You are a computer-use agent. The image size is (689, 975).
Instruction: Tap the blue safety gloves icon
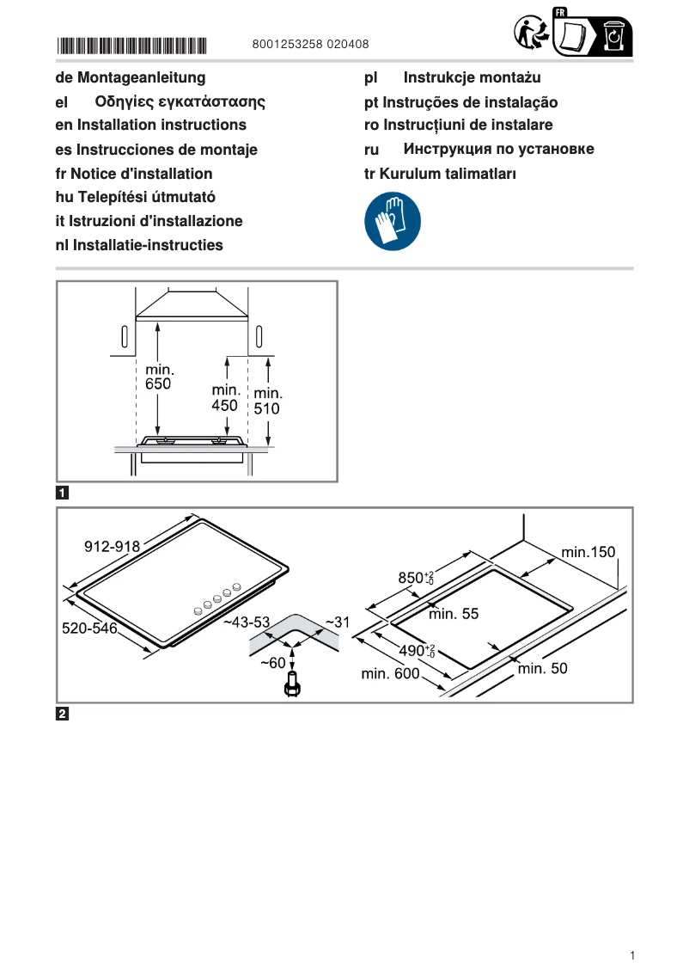(393, 221)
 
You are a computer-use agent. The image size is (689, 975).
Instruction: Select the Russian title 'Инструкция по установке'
(498, 150)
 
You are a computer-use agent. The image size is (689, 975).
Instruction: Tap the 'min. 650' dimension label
(158, 377)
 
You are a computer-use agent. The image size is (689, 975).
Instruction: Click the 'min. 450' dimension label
(224, 398)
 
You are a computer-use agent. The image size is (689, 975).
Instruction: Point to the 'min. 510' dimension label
(267, 402)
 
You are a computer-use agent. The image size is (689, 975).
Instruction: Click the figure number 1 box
(63, 494)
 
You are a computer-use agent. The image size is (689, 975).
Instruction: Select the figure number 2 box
(63, 714)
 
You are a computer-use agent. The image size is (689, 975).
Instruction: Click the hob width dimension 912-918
(112, 546)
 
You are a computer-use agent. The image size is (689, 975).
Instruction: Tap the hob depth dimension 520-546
(89, 629)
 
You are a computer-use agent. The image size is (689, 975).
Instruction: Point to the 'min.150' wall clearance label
(588, 552)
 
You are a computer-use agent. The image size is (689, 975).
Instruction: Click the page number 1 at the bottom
(632, 955)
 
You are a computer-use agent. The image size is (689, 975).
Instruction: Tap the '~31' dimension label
(337, 621)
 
